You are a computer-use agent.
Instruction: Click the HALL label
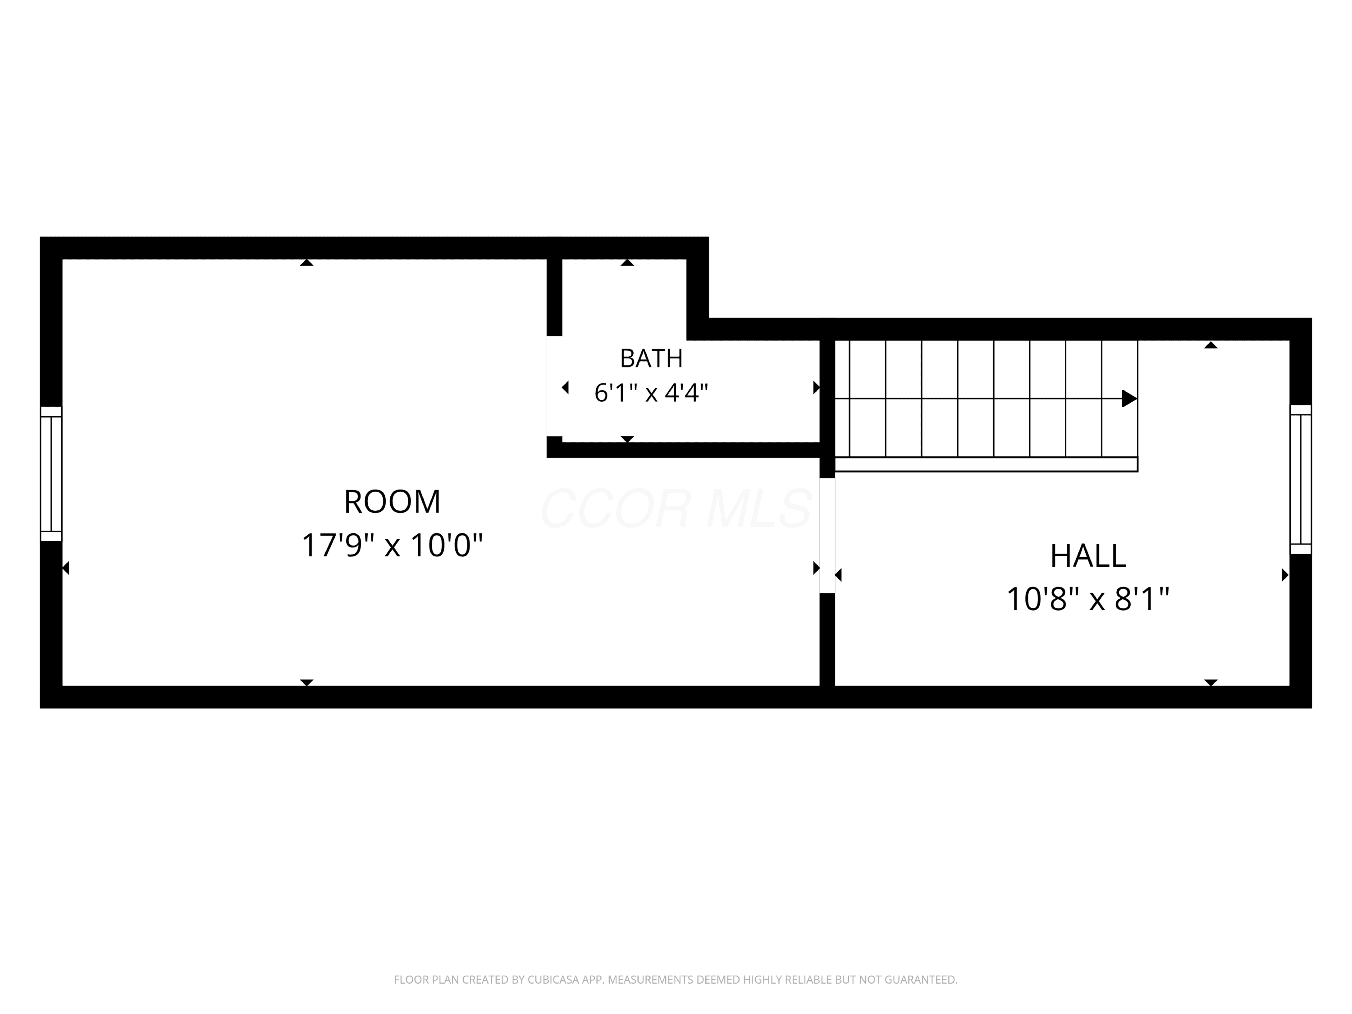click(x=1087, y=556)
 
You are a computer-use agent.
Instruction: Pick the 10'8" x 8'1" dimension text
click(x=1087, y=599)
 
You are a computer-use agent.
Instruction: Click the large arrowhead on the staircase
click(x=1129, y=399)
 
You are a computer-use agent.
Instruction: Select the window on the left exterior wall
click(x=51, y=474)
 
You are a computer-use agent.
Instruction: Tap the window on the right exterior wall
click(x=1301, y=479)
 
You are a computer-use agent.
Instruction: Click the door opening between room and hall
click(x=827, y=535)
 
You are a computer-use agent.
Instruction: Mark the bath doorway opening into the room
click(x=554, y=386)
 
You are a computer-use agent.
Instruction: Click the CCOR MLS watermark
click(x=676, y=508)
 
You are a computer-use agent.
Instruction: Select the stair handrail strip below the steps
click(x=986, y=464)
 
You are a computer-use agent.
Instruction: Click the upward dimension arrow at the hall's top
click(x=1211, y=345)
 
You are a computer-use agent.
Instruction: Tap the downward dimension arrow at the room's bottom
click(x=307, y=683)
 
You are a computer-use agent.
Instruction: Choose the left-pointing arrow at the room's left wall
click(x=66, y=568)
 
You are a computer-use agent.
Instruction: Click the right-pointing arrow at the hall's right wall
click(x=1285, y=575)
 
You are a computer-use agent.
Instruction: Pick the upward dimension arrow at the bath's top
click(x=627, y=262)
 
